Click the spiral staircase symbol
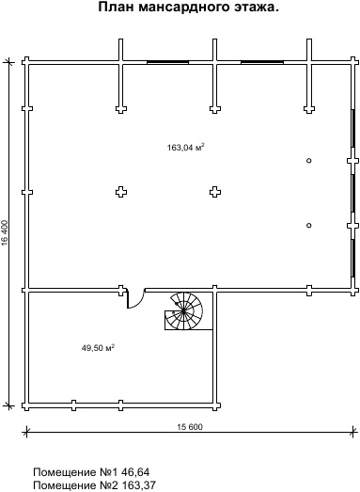coord(184,311)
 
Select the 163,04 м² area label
coord(186,147)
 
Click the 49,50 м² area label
coord(98,348)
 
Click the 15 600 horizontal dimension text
coord(190,427)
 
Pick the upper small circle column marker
coord(309,161)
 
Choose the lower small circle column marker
coord(309,225)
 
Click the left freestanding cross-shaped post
coord(121,192)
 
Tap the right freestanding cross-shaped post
coord(215,192)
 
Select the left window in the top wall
coord(167,62)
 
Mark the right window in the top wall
coord(262,62)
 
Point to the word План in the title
coord(117,7)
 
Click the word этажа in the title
coord(253,7)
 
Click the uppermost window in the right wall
coord(352,132)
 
